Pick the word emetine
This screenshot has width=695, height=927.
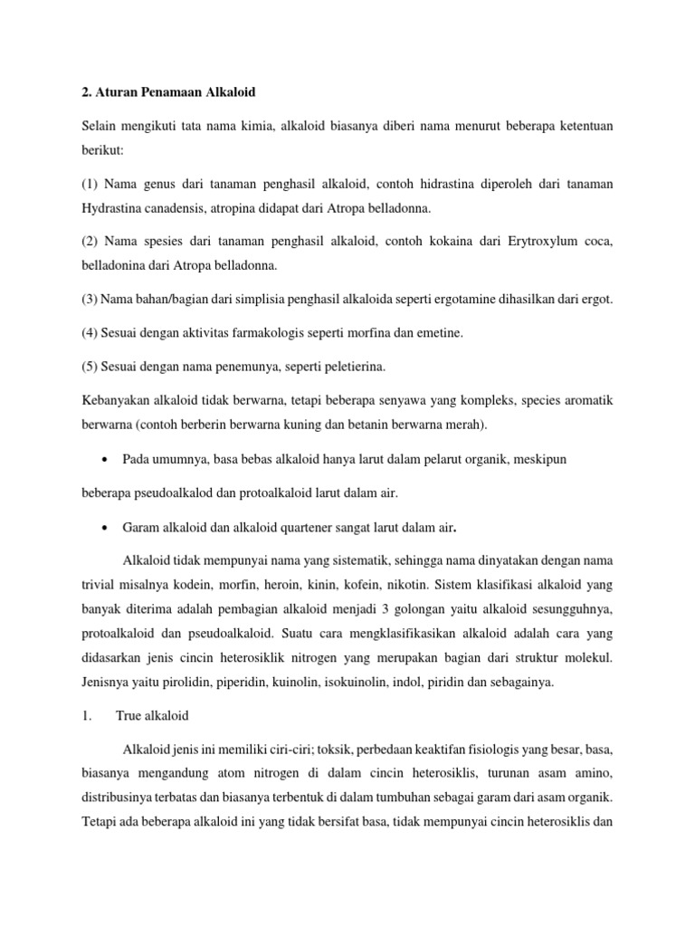tap(437, 333)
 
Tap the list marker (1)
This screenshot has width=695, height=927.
tap(90, 185)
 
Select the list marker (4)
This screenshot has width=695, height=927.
tap(90, 333)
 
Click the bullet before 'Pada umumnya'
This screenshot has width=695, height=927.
tap(109, 460)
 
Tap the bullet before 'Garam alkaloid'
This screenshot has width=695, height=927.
tap(109, 527)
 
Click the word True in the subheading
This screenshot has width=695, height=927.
tap(130, 716)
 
